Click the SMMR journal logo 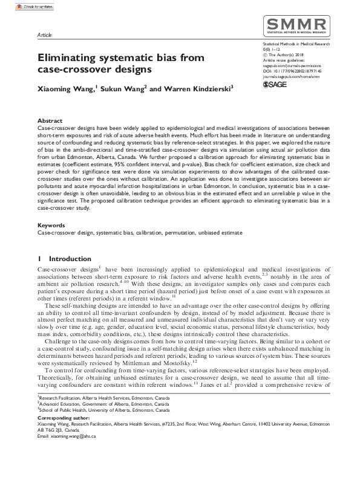click(295, 27)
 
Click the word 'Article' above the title click(44, 36)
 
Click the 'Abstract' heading click(49, 121)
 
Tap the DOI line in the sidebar click(292, 70)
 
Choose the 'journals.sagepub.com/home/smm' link click(292, 76)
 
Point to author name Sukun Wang click(123, 89)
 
